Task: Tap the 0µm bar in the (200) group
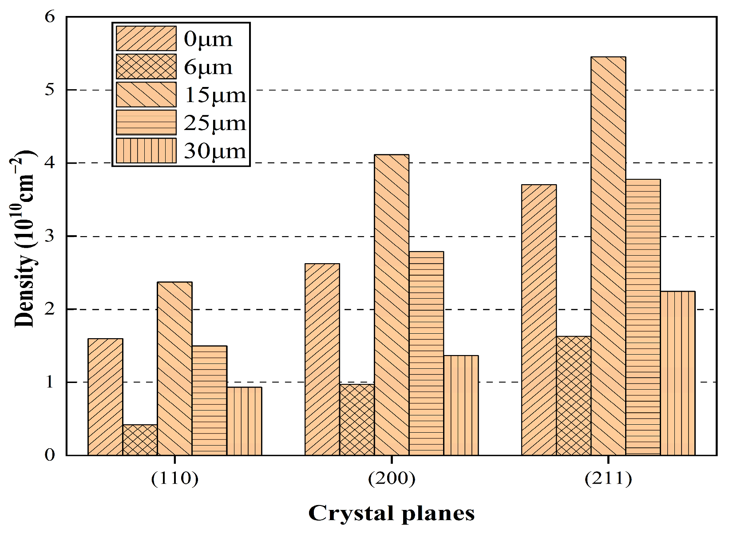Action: (322, 359)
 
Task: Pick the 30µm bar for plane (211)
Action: (678, 373)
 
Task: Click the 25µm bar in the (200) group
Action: (426, 353)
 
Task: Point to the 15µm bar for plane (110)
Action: (174, 368)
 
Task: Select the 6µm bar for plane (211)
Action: (573, 396)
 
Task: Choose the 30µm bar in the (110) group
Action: (244, 421)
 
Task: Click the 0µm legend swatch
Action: (146, 39)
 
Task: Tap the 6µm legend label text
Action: (208, 67)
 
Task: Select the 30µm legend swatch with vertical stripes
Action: (146, 151)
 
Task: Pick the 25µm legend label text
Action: (215, 123)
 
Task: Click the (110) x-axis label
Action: (174, 479)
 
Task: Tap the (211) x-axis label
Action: (608, 479)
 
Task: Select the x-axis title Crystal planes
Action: (391, 513)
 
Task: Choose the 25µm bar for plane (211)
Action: (643, 317)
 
